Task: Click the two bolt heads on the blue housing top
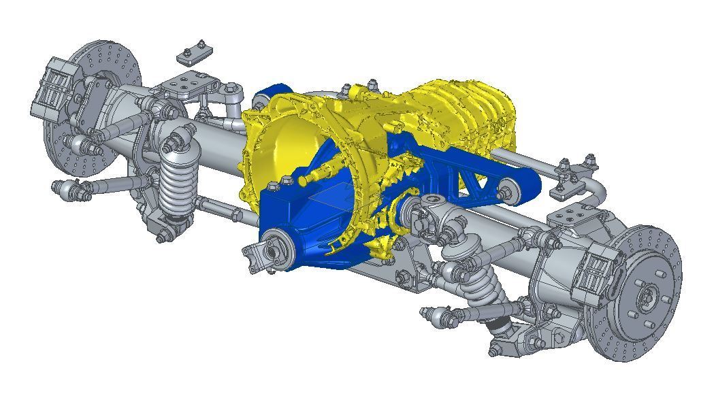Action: tap(280, 184)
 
